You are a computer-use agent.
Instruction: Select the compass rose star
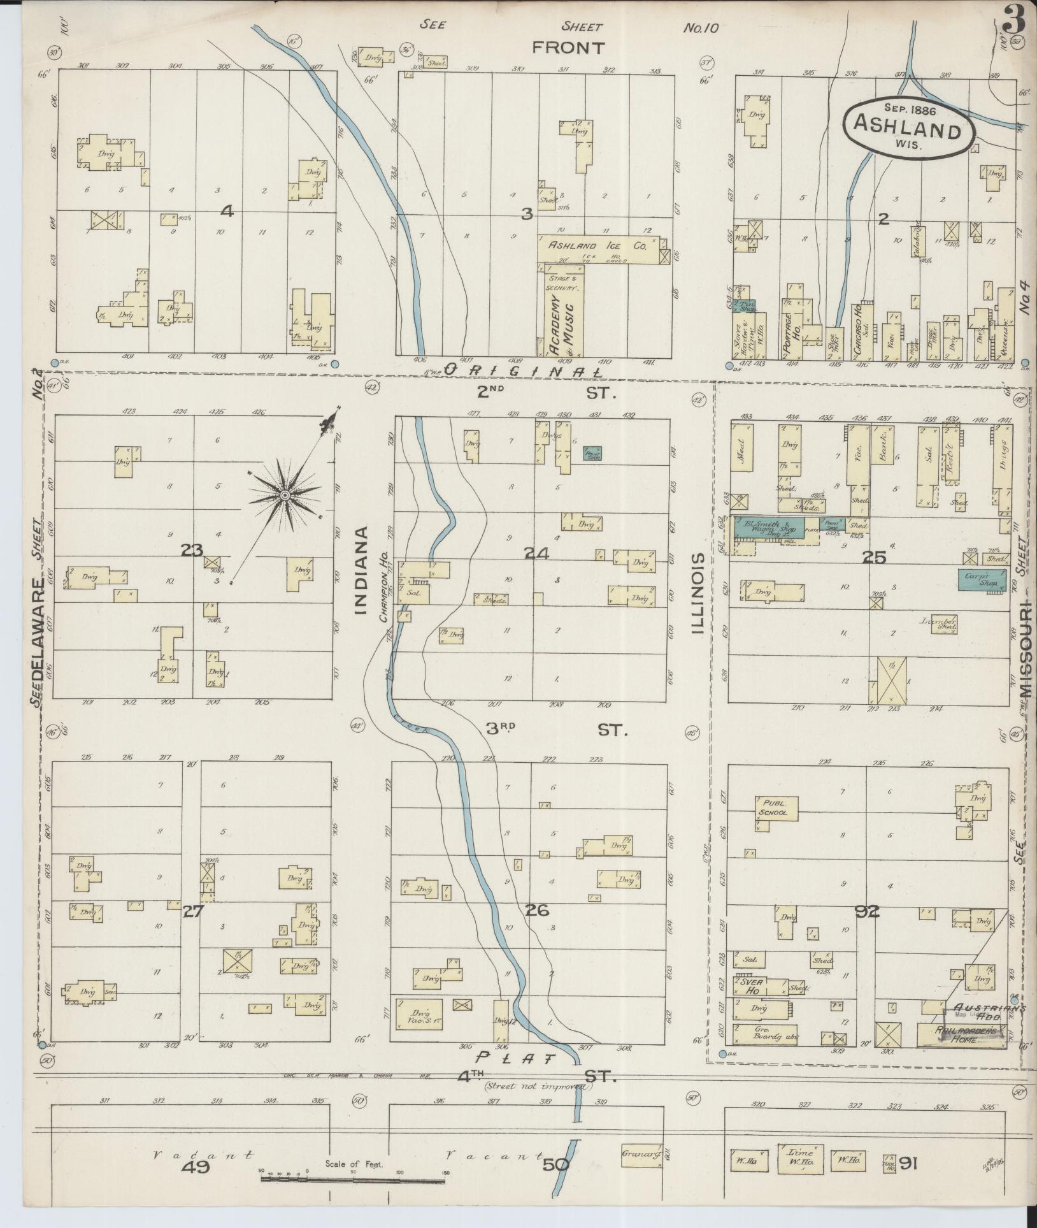[285, 495]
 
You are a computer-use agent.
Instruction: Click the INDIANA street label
[361, 571]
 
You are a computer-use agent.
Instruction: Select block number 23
[191, 550]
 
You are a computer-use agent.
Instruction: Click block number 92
[867, 912]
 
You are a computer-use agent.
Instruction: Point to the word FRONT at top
[568, 47]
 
